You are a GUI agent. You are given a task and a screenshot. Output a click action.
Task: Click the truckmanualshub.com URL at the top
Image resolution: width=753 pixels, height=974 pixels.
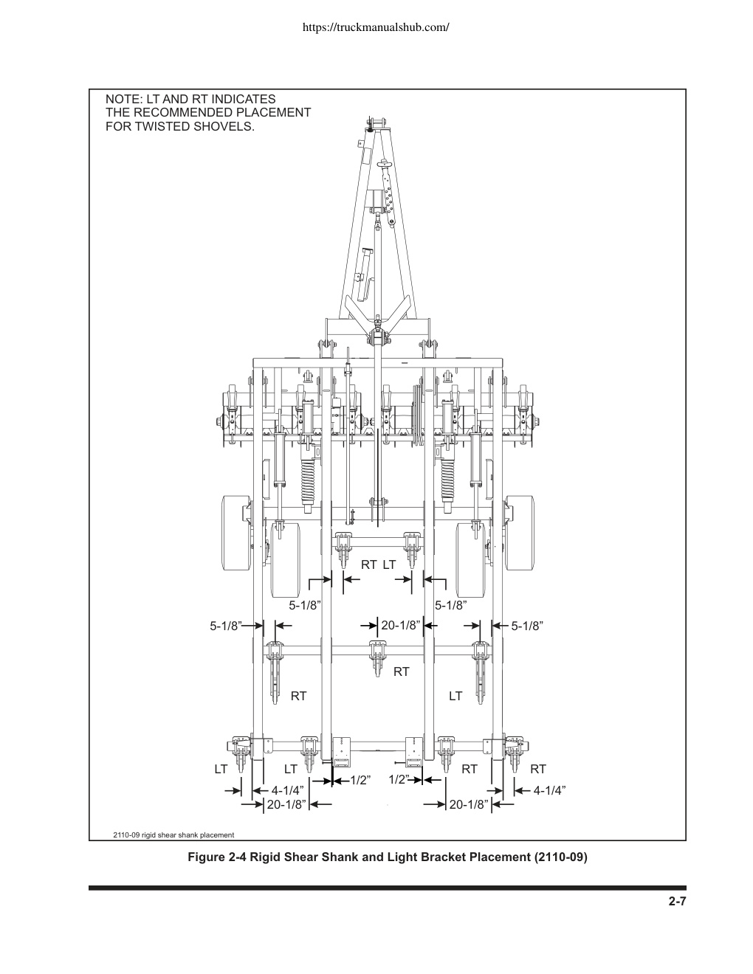tap(376, 28)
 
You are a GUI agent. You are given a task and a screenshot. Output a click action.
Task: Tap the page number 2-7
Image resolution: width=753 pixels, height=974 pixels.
tap(677, 901)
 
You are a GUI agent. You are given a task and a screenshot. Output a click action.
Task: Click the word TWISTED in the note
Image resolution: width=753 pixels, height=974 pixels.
tap(162, 126)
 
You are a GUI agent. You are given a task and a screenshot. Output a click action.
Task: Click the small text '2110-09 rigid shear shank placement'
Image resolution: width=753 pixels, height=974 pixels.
tap(173, 835)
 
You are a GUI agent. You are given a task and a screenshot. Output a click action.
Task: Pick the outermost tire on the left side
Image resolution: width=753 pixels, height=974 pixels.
tap(236, 533)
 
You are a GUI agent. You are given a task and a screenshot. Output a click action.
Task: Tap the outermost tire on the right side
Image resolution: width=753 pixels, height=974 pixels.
tap(520, 533)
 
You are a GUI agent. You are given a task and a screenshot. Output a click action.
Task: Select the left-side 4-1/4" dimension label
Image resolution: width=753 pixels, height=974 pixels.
tap(287, 791)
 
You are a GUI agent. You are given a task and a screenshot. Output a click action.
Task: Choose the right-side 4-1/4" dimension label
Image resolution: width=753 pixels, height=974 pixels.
tap(549, 791)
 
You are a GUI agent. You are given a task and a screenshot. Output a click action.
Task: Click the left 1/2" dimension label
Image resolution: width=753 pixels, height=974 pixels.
tap(360, 781)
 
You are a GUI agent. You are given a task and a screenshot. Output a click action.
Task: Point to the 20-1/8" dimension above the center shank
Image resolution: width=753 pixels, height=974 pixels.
tap(401, 625)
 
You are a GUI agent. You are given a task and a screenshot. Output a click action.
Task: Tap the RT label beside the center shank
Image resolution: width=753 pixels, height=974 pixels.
tap(402, 671)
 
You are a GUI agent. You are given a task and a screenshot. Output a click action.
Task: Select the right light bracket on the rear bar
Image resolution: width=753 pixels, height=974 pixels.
tap(414, 750)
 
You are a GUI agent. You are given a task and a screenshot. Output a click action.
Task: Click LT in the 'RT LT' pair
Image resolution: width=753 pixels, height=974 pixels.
tap(389, 564)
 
